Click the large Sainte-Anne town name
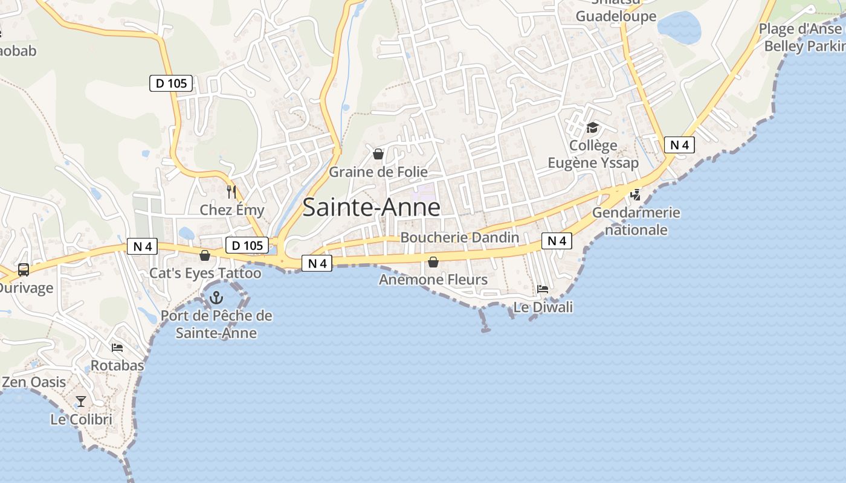(371, 207)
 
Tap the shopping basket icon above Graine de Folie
(378, 154)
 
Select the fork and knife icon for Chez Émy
(231, 192)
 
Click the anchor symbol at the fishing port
(216, 297)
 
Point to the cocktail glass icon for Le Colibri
(80, 401)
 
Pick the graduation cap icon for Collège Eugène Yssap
(592, 128)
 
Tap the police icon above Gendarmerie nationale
(635, 194)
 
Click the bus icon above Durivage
(24, 269)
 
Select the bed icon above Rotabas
(117, 348)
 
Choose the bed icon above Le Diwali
(543, 289)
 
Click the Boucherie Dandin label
(459, 237)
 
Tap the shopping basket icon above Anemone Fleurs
(433, 261)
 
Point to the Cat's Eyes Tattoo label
(205, 273)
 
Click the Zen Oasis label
(34, 382)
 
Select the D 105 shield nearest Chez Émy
(247, 245)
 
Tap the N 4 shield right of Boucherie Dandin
(557, 241)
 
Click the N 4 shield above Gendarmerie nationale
(679, 145)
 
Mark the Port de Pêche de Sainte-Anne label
(216, 324)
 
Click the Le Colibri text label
(81, 419)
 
